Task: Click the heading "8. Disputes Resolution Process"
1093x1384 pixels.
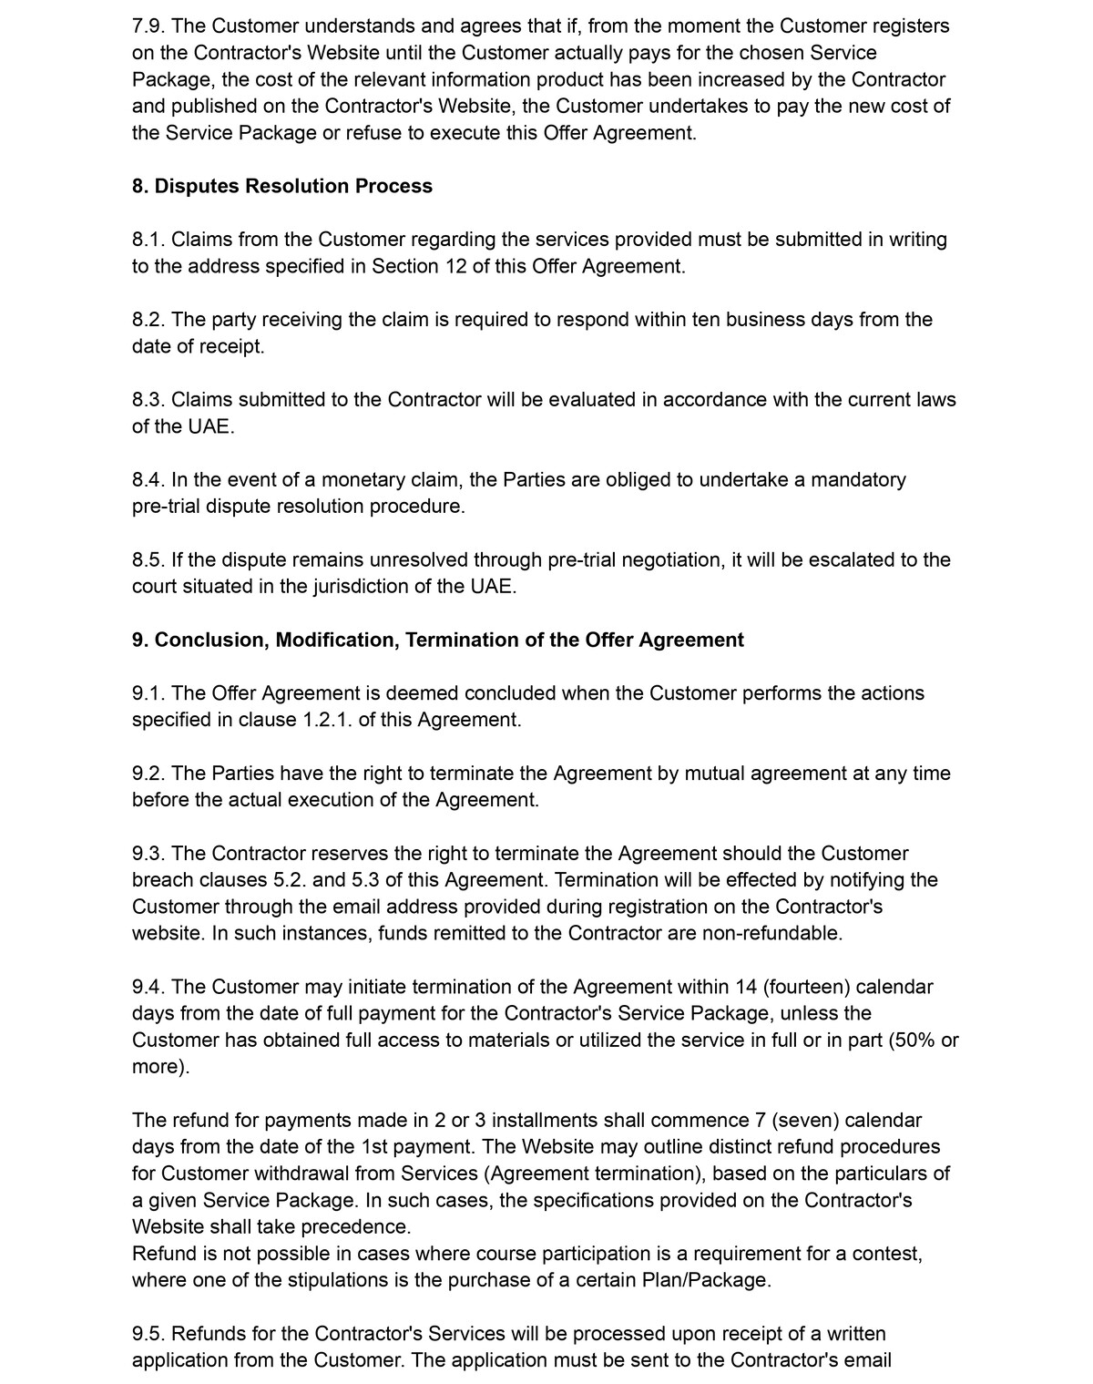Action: click(x=281, y=186)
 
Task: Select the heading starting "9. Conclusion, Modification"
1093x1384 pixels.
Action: click(x=437, y=640)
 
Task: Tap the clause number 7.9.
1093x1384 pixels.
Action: click(x=148, y=26)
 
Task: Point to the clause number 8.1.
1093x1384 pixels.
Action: click(x=148, y=240)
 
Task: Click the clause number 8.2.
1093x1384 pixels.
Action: click(x=148, y=320)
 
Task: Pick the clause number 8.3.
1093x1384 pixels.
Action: click(x=148, y=400)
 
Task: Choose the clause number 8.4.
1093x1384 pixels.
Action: click(x=148, y=480)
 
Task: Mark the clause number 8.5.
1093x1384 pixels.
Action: click(x=148, y=559)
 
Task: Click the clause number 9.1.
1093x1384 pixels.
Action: click(x=148, y=693)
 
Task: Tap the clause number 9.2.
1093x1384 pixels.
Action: click(x=148, y=774)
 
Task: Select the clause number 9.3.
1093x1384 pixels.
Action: click(x=148, y=854)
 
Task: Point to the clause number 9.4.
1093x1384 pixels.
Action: click(x=148, y=987)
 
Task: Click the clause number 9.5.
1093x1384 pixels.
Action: click(x=148, y=1334)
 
